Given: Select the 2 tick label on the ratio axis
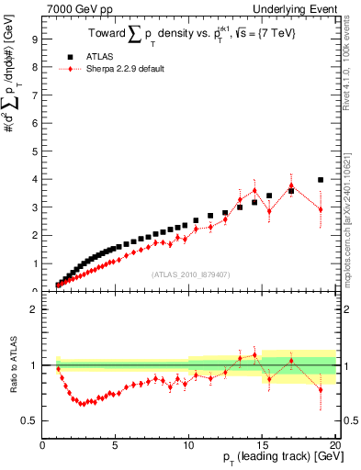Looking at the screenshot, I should (x=34, y=309).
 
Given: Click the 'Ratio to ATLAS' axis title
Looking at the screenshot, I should (x=13, y=365).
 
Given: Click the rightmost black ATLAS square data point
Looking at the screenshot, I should (x=321, y=180).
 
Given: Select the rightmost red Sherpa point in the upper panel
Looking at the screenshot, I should (x=321, y=209).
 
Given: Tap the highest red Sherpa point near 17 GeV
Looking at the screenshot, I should (x=291, y=185).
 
